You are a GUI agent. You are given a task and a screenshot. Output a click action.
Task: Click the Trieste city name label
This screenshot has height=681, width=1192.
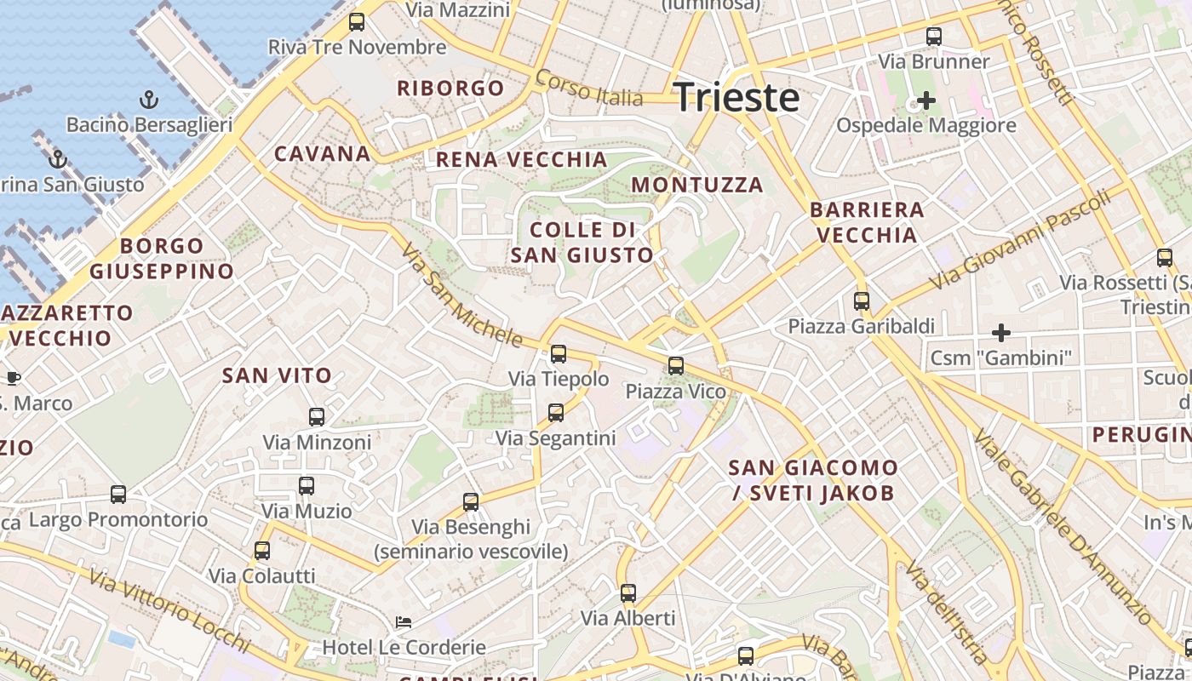736,97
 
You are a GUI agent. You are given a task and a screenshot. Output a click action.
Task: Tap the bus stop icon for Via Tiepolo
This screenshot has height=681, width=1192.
559,354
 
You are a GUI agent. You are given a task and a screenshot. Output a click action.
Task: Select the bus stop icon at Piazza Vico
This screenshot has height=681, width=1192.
676,366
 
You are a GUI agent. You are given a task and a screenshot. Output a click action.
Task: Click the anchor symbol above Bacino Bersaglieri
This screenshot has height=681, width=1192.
149,100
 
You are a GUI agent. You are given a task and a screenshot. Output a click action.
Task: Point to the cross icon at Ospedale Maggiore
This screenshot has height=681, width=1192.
926,100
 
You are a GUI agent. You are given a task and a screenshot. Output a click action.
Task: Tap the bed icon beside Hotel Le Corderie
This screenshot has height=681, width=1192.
404,622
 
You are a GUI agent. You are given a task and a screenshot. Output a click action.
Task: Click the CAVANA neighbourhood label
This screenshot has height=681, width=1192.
322,154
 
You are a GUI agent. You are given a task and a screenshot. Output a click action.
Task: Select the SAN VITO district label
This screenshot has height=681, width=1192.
277,375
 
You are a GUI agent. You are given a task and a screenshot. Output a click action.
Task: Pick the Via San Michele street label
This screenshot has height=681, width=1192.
461,295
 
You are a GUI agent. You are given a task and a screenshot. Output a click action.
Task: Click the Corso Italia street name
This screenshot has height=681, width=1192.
589,89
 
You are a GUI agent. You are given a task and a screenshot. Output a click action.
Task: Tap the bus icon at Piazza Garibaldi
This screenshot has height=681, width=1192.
862,301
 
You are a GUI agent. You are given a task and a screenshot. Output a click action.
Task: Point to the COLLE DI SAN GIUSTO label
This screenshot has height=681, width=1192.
582,243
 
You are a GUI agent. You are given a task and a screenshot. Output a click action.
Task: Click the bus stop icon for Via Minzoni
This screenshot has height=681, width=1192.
317,417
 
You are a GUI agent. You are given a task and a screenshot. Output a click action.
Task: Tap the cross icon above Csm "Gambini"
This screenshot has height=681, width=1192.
1001,332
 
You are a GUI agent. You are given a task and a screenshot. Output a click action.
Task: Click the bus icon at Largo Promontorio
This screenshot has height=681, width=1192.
118,495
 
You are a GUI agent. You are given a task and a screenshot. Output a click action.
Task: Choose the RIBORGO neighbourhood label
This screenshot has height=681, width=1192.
450,89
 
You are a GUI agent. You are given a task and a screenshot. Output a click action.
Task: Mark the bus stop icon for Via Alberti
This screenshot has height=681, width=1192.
628,593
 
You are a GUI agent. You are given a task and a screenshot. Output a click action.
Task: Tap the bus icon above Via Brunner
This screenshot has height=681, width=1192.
934,37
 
